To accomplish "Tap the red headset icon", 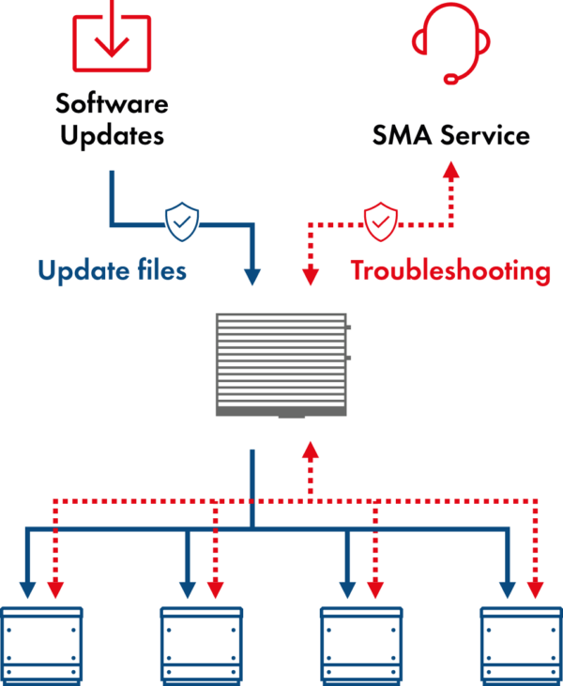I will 451,42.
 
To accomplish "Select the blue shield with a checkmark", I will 182,221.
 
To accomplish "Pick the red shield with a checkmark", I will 381,221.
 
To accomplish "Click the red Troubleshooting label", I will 450,271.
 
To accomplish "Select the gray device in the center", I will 281,365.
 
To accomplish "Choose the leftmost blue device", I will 42,646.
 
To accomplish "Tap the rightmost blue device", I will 521,646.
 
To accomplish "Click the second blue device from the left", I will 202,646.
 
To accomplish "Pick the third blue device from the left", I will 361,646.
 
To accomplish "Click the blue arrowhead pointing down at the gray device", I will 251,276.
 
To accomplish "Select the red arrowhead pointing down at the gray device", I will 311,276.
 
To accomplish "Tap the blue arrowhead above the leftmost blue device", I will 28,589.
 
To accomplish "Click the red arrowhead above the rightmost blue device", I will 536,589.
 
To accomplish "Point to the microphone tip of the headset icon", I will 451,80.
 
